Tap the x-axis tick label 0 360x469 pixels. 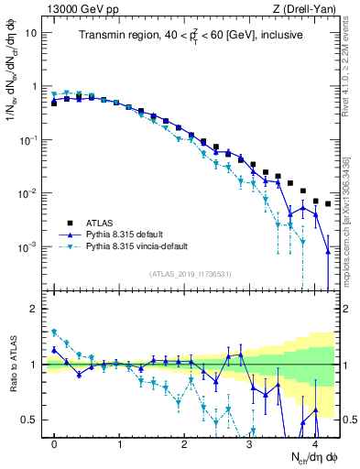pos(54,442)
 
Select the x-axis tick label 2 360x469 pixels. pos(184,442)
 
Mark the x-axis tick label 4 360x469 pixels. pos(314,442)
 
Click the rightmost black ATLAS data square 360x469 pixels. pos(328,204)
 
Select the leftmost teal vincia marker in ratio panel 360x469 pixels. pos(54,332)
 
